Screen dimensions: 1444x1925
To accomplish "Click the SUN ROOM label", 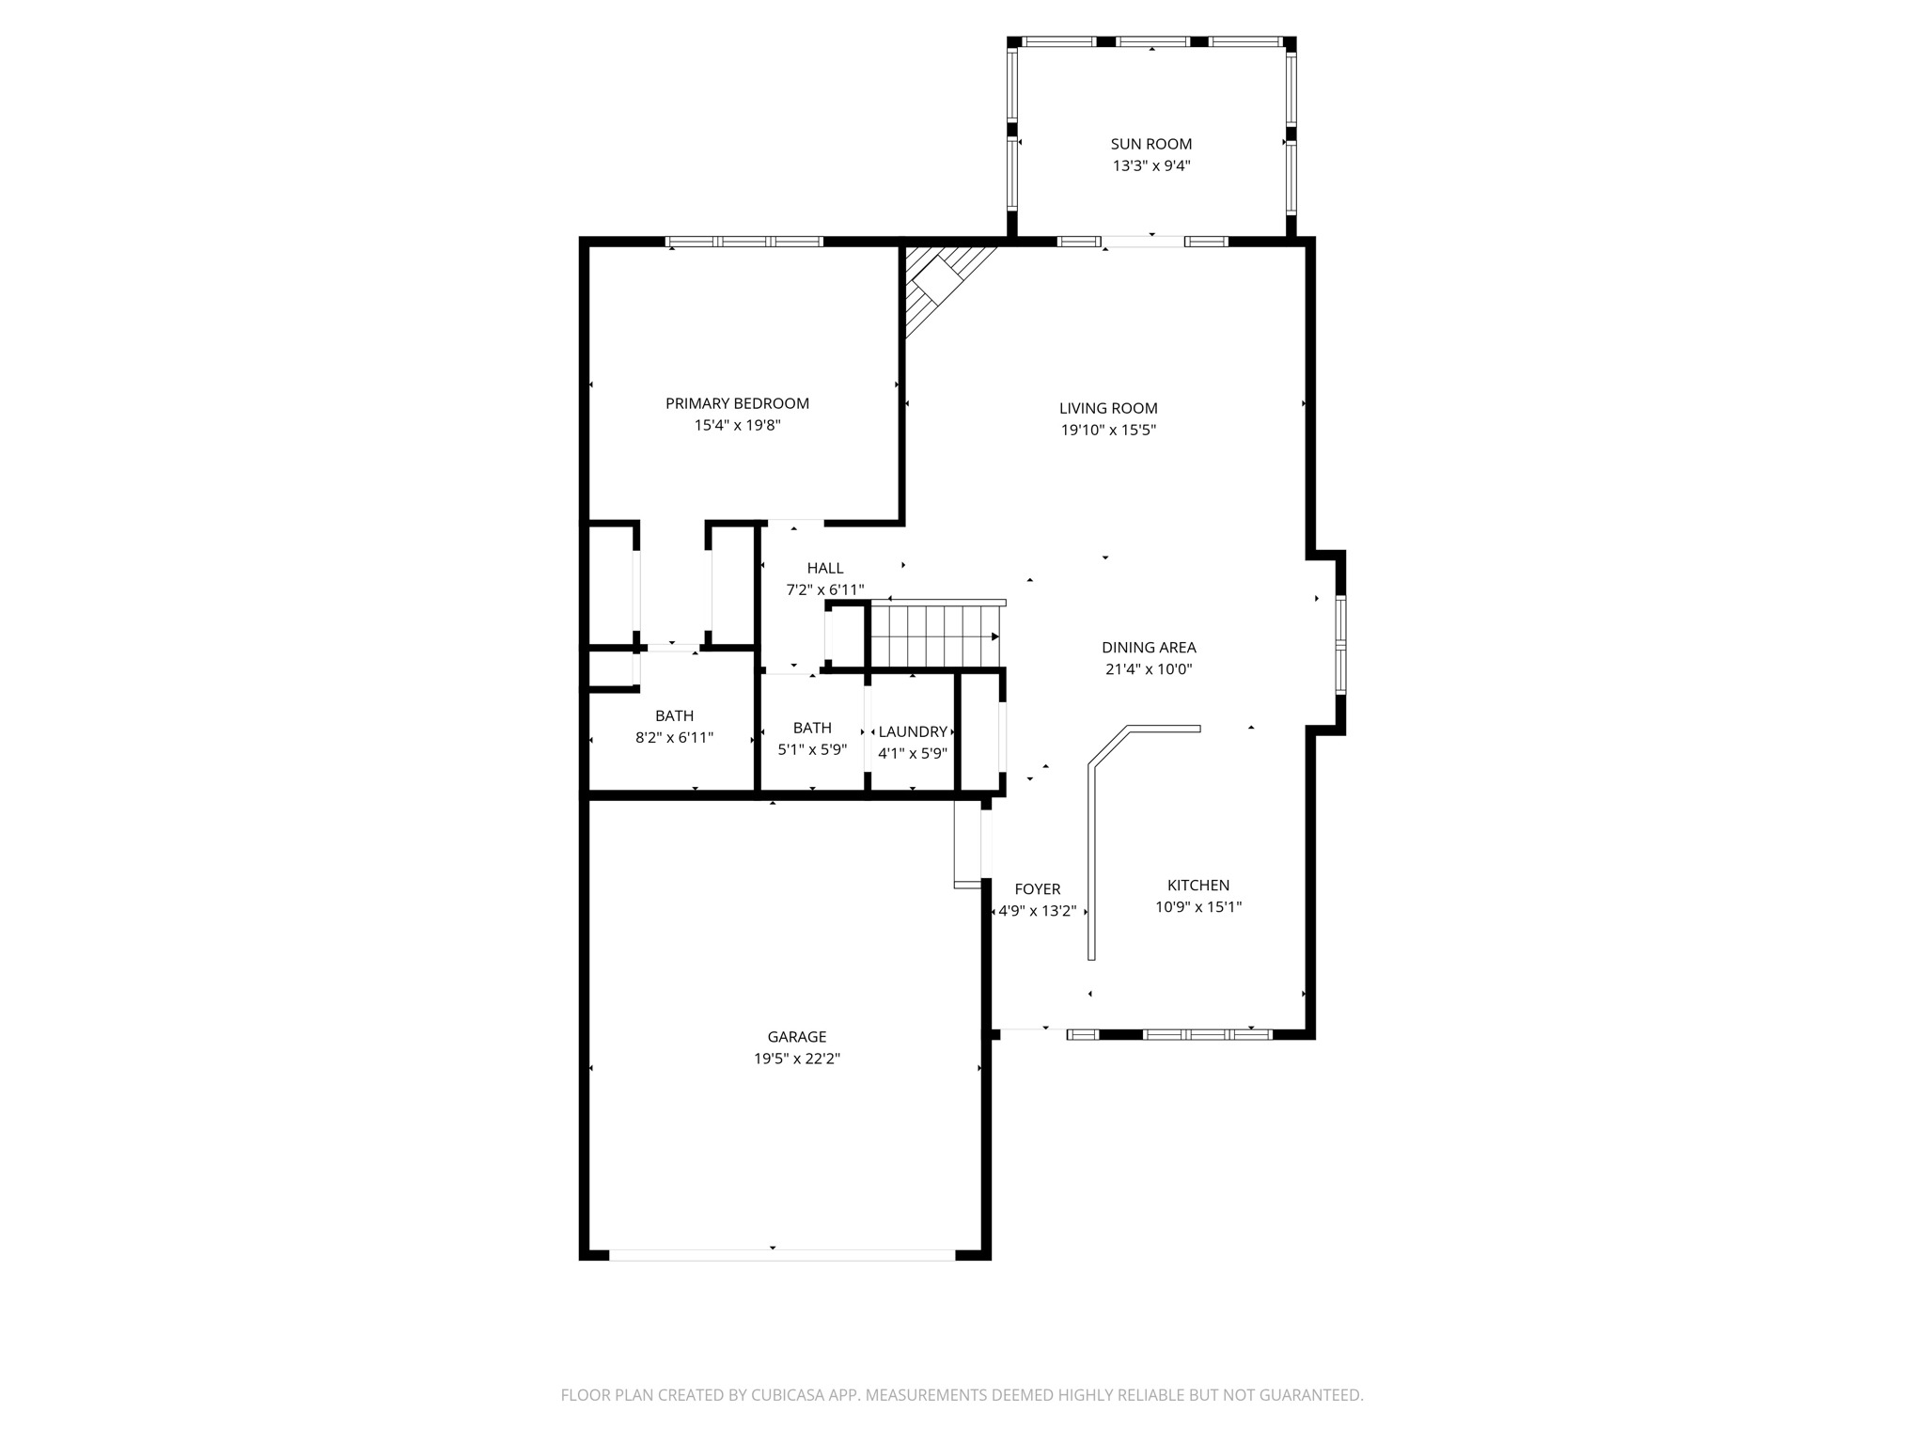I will pos(1150,144).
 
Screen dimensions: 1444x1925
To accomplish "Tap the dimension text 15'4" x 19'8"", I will pos(737,425).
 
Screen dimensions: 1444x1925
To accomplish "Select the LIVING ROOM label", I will pos(1108,408).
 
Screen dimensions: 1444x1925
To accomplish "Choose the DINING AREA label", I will pos(1149,647).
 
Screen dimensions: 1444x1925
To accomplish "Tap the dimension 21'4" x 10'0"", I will pos(1149,669).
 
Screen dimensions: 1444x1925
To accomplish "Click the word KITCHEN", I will pos(1197,885).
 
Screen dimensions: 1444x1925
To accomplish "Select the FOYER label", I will pos(1038,888).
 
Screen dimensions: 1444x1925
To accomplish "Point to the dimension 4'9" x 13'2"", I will pos(1038,911).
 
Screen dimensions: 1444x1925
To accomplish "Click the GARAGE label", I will pos(796,1036).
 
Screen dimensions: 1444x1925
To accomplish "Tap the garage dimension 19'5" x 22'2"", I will pos(796,1059).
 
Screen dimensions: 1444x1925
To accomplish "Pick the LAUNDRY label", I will pos(912,731).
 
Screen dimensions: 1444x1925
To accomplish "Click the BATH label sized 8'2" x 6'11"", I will pos(674,715).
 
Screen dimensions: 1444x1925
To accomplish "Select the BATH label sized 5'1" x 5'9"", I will pos(811,728).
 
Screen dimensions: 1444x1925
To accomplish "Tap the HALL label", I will pos(824,568).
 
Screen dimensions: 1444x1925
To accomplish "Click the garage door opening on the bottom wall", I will pos(782,1254).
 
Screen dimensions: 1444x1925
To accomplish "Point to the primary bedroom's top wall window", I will pos(744,242).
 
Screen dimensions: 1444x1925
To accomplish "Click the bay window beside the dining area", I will pos(1341,645).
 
